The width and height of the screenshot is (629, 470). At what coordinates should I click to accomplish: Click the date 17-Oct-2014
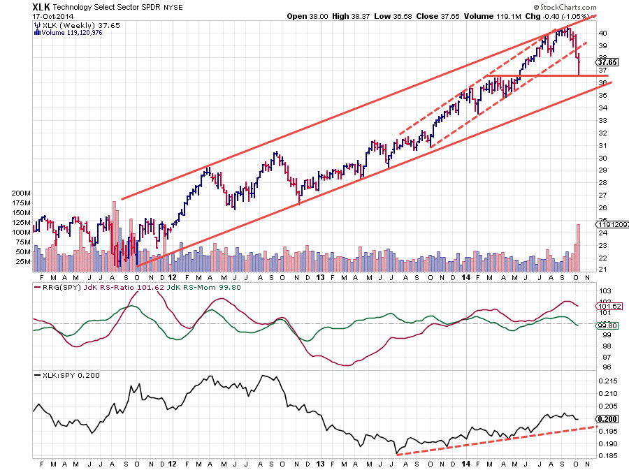pyautogui.click(x=54, y=17)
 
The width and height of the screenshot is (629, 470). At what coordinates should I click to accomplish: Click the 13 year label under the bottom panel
pyautogui.click(x=320, y=463)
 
